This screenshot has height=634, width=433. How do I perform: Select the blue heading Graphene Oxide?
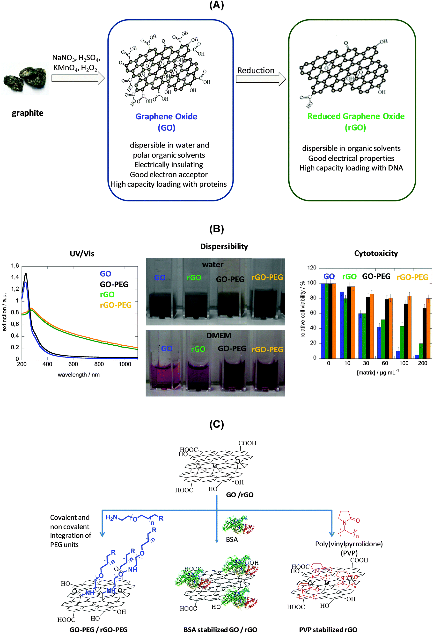tap(166, 116)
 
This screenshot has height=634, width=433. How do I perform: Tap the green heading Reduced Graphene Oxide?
tap(356, 116)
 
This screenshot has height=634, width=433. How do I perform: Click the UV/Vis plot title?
tap(82, 253)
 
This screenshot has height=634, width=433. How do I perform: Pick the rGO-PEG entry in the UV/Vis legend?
tap(116, 305)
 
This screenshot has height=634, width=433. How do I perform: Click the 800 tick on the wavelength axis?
tap(99, 364)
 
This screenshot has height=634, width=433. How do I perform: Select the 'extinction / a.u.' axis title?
tap(4, 312)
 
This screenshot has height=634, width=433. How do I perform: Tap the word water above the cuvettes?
tap(213, 264)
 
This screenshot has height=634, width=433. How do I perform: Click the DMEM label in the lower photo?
tap(219, 335)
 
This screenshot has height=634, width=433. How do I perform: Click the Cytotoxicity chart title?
tap(376, 253)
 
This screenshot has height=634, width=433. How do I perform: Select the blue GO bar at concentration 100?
tap(398, 354)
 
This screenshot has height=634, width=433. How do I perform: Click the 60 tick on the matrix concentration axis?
tap(385, 363)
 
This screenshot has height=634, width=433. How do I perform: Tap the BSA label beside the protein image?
tap(232, 539)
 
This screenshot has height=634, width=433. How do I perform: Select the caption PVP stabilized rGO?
tap(328, 630)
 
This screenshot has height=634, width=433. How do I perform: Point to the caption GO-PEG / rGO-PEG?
tap(99, 630)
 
